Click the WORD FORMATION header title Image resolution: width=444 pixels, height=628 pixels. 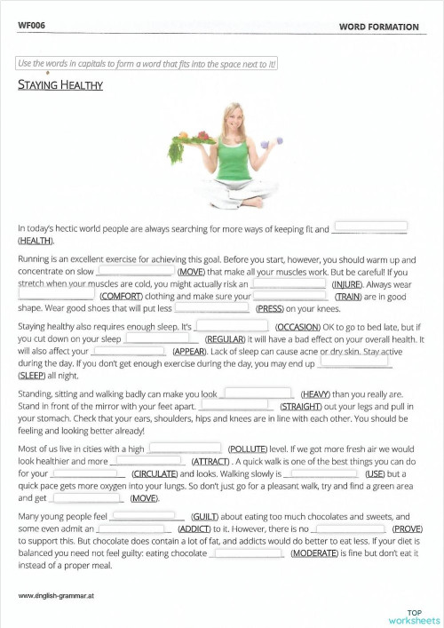pyautogui.click(x=378, y=28)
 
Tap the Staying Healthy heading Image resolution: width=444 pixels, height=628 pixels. pyautogui.click(x=60, y=85)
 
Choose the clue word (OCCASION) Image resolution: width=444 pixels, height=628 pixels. pyautogui.click(x=304, y=328)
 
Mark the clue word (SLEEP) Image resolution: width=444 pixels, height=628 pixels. pyautogui.click(x=34, y=377)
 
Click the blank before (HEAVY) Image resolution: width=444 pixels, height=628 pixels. pyautogui.click(x=257, y=393)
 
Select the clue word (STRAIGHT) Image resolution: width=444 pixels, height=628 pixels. pyautogui.click(x=305, y=406)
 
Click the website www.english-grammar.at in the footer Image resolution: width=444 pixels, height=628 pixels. pyautogui.click(x=56, y=593)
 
